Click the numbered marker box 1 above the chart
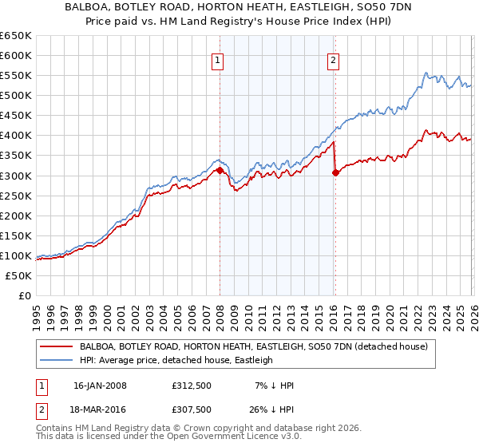218,59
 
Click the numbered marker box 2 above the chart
333,59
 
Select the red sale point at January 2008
220,170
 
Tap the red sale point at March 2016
335,172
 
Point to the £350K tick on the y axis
17,156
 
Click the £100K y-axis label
17,255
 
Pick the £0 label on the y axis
26,295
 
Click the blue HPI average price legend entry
176,361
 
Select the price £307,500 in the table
191,409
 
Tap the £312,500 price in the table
191,386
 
